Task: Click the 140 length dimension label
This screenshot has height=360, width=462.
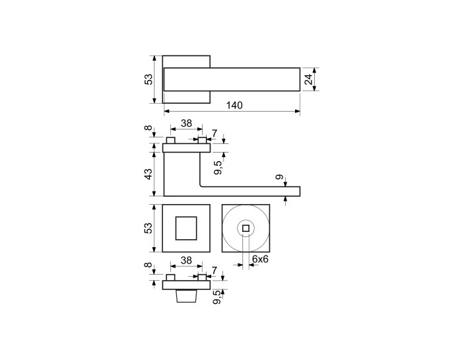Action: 234,105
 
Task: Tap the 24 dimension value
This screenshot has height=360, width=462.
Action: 308,79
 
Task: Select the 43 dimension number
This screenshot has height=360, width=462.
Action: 149,174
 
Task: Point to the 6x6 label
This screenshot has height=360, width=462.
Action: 261,259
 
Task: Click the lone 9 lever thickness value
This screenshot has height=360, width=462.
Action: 280,177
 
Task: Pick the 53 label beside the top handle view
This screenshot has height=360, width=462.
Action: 149,79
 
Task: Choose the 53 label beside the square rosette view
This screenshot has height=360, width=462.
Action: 149,228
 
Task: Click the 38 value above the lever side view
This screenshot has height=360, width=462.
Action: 186,124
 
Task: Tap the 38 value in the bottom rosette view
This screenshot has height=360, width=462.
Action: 186,261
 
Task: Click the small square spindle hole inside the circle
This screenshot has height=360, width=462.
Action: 246,228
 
